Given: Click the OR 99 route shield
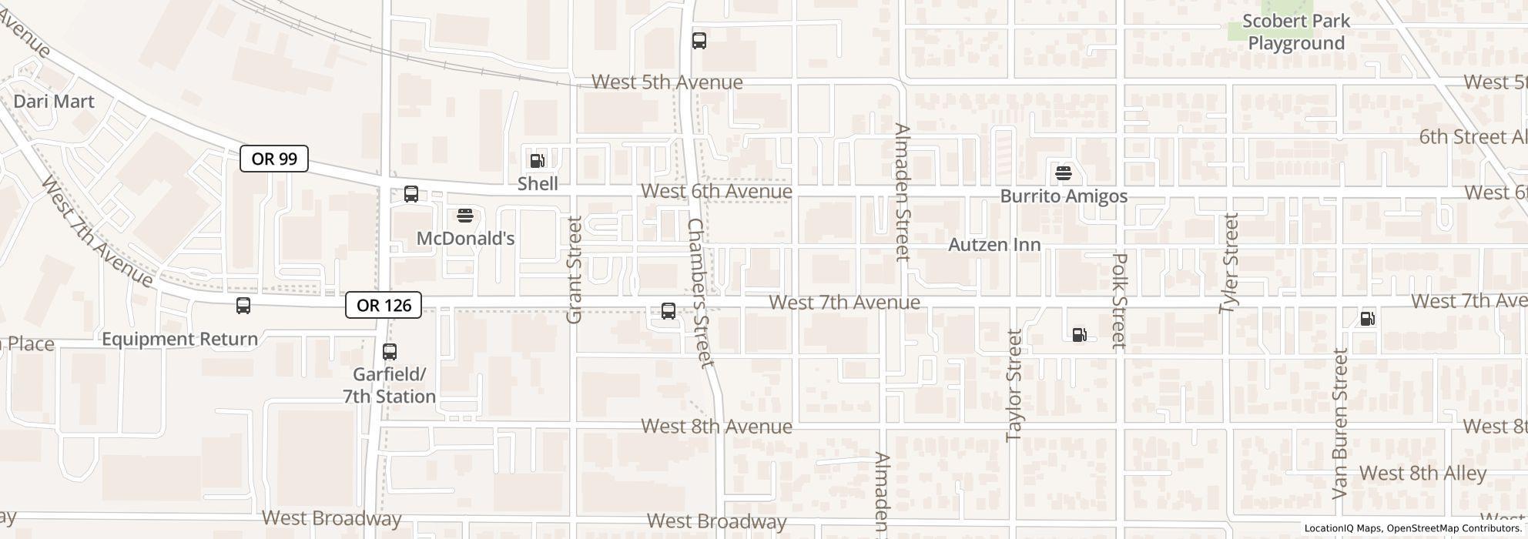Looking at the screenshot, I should [x=274, y=159].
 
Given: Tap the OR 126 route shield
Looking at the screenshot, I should [x=384, y=305].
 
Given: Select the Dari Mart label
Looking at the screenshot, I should [x=54, y=102].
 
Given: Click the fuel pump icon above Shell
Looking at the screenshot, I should [x=537, y=161].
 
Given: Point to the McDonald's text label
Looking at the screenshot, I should [x=465, y=239].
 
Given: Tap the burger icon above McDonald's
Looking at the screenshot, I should [x=464, y=216].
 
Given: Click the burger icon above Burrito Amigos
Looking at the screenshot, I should [x=1064, y=173].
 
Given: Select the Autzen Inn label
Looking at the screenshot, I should [x=994, y=245].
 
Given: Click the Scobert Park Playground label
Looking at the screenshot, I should [x=1296, y=32].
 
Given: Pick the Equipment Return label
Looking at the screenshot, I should [x=179, y=340].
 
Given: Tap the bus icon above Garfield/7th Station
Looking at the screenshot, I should [x=390, y=352].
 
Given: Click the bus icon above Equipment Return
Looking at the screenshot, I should [x=243, y=306].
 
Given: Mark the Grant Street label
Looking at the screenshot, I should [x=575, y=269].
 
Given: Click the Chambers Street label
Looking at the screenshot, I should [x=701, y=293].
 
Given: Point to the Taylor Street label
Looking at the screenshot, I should [x=1014, y=385].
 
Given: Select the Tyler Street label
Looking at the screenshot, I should [x=1229, y=263].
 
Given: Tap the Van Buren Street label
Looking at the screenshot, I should [x=1340, y=423].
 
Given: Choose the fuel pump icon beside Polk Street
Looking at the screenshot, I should [x=1080, y=334].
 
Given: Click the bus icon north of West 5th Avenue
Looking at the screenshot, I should [x=699, y=41].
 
